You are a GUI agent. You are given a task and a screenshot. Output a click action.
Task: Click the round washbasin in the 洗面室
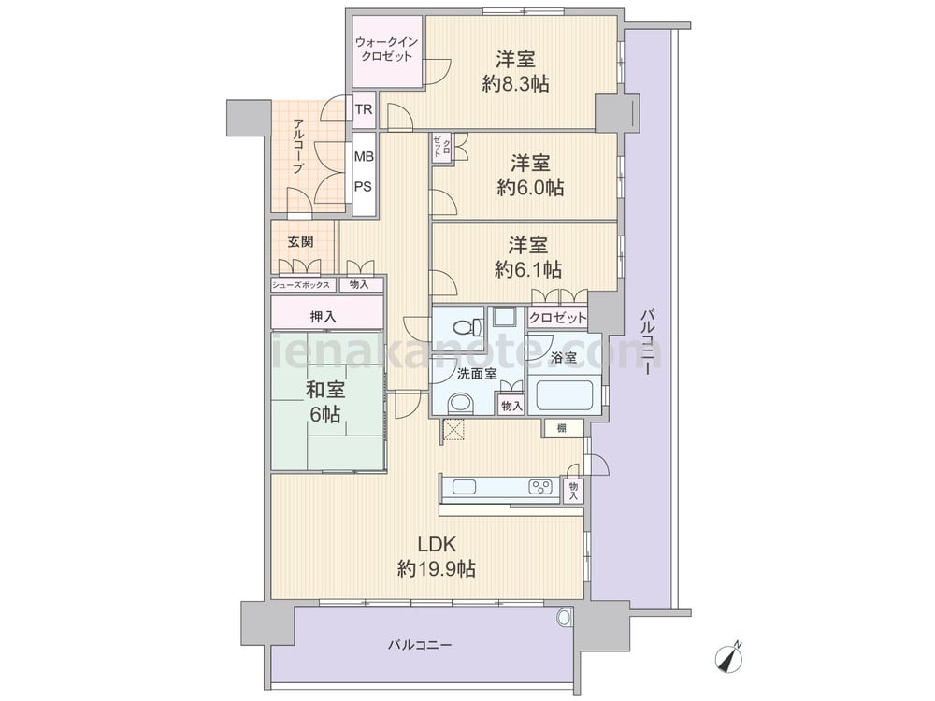coord(461,404)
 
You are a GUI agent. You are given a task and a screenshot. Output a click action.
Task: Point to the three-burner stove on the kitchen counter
coord(540,487)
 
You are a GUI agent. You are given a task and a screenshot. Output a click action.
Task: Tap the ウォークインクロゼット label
coord(386,50)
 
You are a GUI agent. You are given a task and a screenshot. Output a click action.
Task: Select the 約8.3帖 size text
coord(516,84)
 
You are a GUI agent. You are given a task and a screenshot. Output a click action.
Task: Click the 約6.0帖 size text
coord(530,188)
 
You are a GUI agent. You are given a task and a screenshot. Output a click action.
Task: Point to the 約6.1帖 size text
coord(528,270)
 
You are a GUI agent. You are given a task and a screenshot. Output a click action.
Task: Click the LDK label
coord(437,545)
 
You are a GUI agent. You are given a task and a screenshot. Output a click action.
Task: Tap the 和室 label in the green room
coord(325,390)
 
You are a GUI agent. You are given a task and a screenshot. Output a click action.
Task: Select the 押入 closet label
coord(323,317)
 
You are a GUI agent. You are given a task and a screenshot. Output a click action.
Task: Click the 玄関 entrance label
coord(300,241)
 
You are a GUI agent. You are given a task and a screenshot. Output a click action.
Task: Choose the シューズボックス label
coord(301,285)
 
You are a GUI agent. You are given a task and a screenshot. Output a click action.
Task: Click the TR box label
coord(364,109)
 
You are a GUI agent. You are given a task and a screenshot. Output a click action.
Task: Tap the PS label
coord(364,187)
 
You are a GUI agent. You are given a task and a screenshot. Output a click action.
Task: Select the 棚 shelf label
coord(562,428)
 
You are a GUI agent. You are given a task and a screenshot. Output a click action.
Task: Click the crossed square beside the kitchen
coord(454,430)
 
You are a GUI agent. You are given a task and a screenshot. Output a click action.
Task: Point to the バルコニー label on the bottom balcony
coord(420,645)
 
